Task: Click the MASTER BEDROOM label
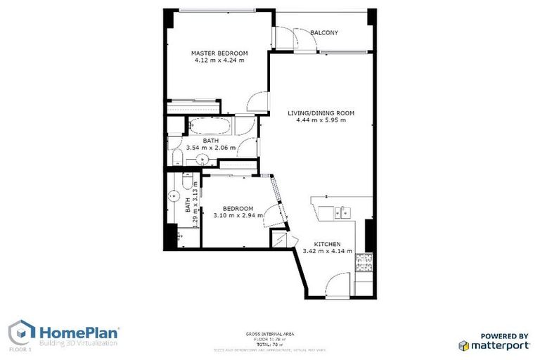click(x=220, y=53)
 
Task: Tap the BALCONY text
click(x=324, y=32)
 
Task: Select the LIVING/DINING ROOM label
click(x=321, y=112)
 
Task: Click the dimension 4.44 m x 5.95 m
click(x=321, y=120)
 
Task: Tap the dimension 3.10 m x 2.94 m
click(x=238, y=215)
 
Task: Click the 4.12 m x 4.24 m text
click(x=220, y=60)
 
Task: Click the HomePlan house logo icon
click(x=21, y=332)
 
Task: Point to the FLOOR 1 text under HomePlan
click(x=20, y=349)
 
